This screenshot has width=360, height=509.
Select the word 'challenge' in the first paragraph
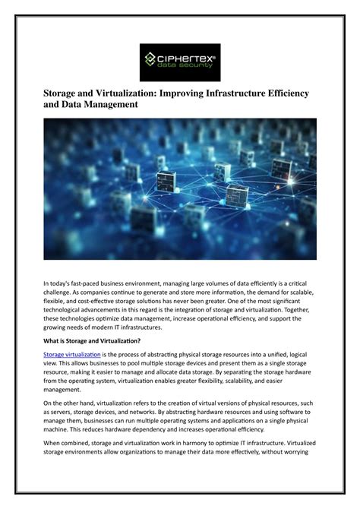[62, 292]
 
